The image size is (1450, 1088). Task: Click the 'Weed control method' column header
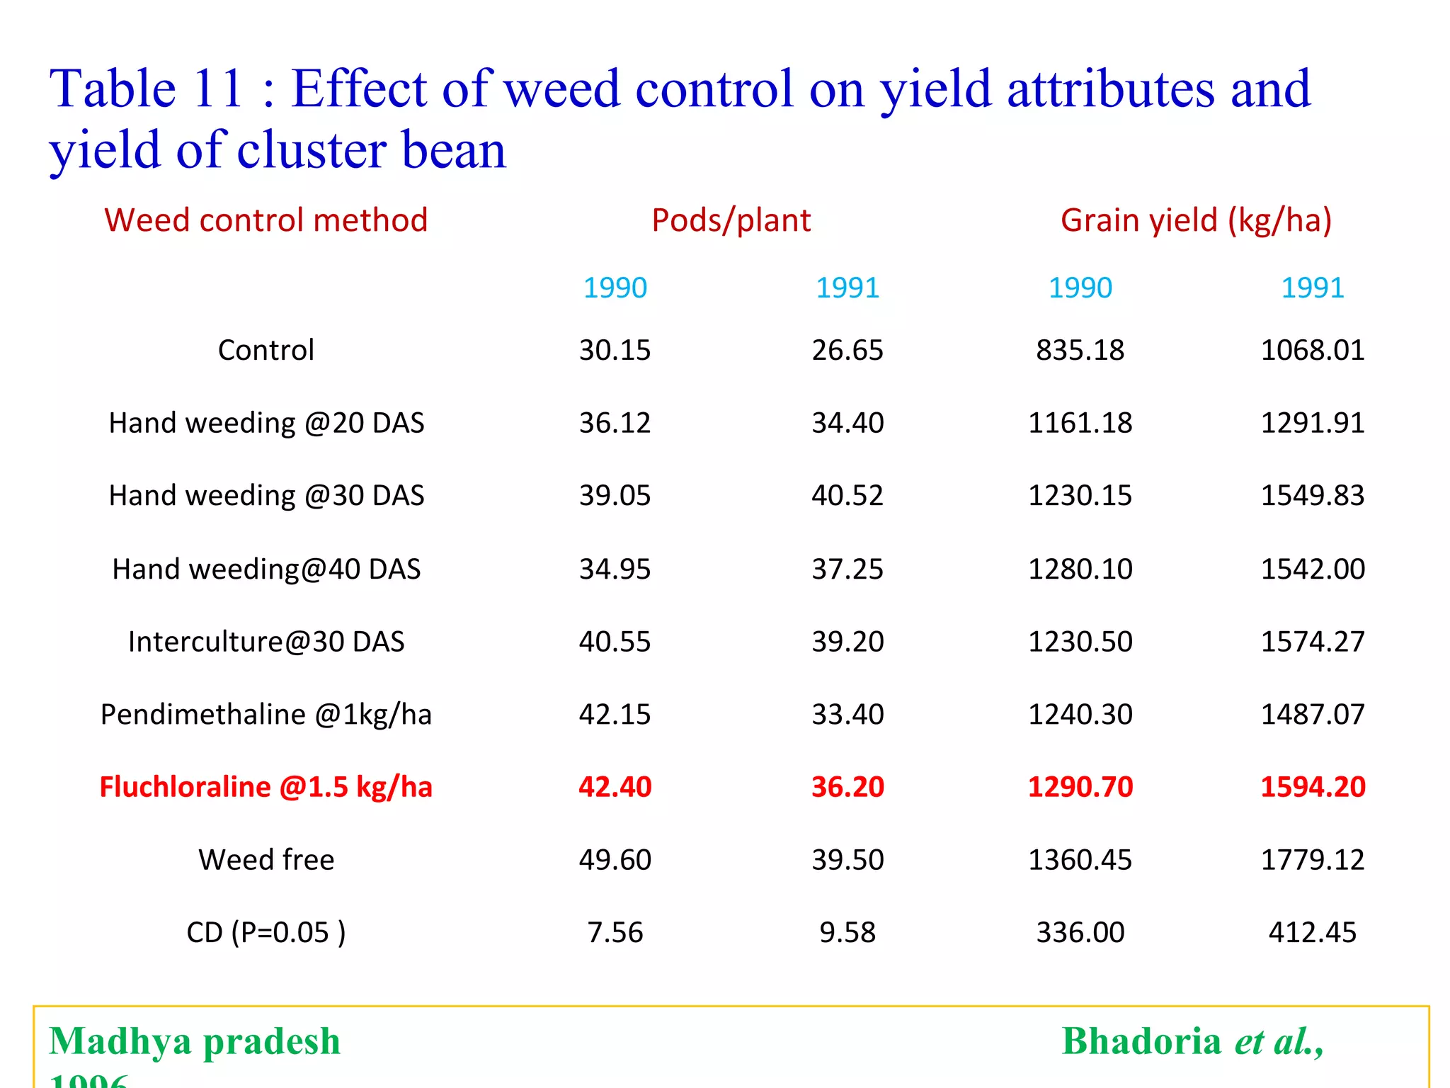[x=266, y=220]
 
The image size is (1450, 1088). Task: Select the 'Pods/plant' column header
[x=731, y=220]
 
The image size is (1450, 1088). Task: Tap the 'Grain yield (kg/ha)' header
[x=1196, y=220]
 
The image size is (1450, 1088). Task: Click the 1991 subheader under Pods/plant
[x=847, y=288]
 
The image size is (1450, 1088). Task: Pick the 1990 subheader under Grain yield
[x=1080, y=288]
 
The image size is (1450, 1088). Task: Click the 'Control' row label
[x=266, y=350]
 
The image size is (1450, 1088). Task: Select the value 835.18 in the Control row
[x=1080, y=350]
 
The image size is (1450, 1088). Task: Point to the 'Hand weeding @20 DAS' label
[x=266, y=423]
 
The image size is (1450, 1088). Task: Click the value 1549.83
[x=1312, y=496]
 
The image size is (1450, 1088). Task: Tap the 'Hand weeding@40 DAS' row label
[x=266, y=569]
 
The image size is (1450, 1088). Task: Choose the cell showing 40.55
[x=615, y=642]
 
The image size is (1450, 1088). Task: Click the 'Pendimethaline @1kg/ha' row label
[x=266, y=714]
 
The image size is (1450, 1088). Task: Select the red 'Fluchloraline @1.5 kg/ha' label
[x=266, y=787]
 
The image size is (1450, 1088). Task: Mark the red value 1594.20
[x=1312, y=787]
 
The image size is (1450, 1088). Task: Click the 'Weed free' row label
[x=266, y=860]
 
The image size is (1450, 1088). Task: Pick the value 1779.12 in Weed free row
[x=1312, y=860]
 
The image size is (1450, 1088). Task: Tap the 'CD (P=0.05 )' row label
[x=266, y=932]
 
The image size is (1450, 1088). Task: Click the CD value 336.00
[x=1080, y=932]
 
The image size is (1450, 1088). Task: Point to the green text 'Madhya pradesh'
[x=195, y=1041]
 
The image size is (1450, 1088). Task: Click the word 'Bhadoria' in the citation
[x=1141, y=1041]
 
